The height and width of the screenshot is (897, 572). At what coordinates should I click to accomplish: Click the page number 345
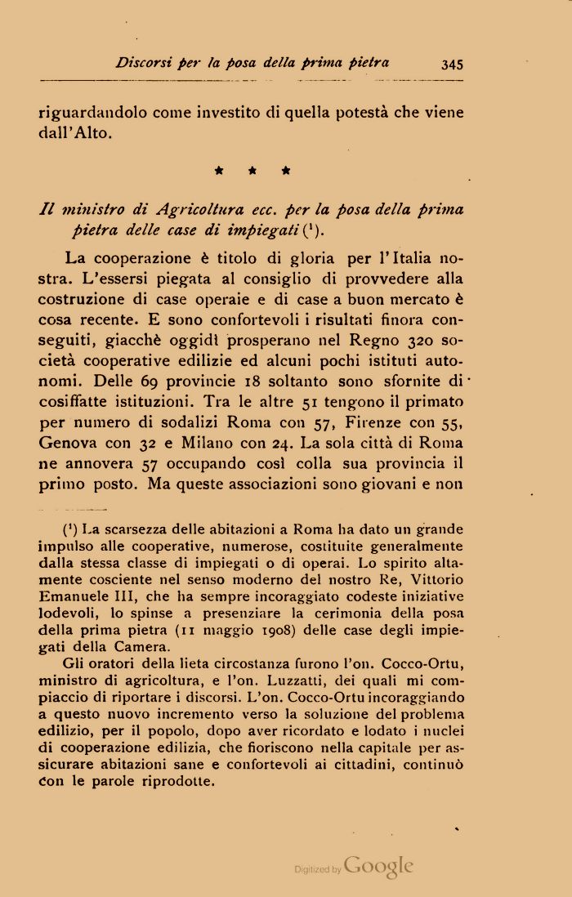(451, 64)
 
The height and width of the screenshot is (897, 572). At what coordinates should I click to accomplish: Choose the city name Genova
(69, 442)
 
